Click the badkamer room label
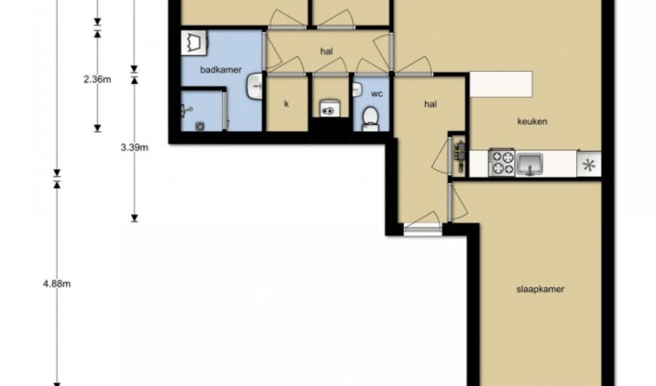tap(220, 70)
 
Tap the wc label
tap(376, 94)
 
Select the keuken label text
tap(532, 122)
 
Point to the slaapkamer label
tap(541, 290)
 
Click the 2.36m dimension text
tap(97, 79)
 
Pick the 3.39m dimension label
tap(135, 147)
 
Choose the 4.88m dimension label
tap(57, 284)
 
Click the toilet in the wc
tap(370, 118)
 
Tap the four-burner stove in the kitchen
tap(502, 163)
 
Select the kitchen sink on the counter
tap(530, 164)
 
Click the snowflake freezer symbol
tap(589, 165)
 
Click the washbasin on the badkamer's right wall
tap(255, 87)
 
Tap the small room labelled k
tap(287, 104)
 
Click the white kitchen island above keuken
tap(501, 84)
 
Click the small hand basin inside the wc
tap(357, 89)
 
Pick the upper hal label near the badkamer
tap(326, 52)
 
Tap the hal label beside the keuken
tap(430, 104)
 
